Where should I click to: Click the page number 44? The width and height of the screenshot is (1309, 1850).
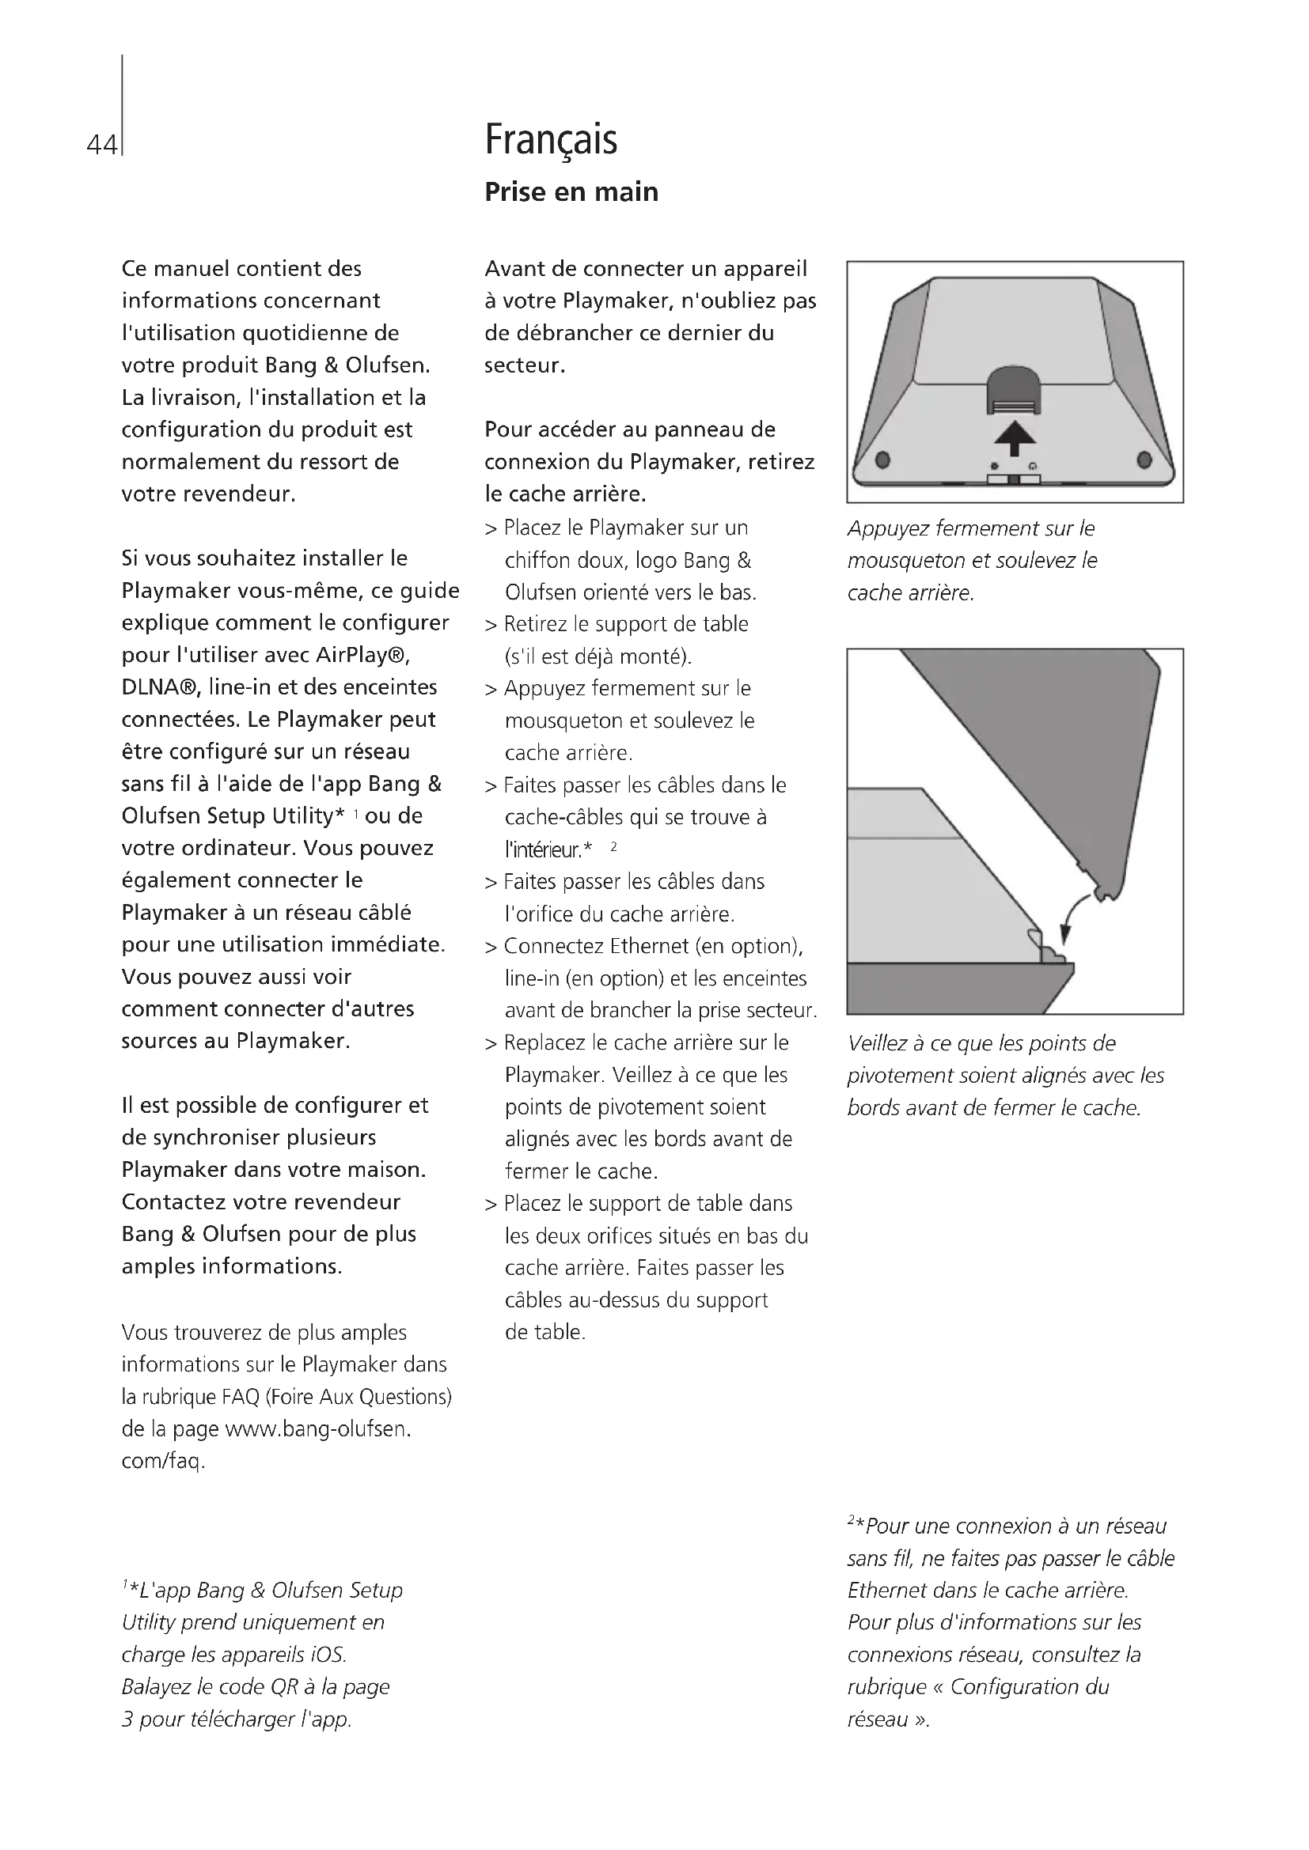pos(101,145)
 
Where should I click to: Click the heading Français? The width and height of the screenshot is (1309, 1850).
pos(551,139)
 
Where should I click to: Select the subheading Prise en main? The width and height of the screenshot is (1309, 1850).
pos(571,191)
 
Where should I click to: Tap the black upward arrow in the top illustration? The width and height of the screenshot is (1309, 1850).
pos(1015,440)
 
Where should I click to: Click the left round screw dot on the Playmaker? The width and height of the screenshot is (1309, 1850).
pos(882,460)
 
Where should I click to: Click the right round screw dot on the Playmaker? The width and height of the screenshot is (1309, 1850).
pos(1144,460)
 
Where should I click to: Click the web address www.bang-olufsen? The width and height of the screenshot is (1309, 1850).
pos(317,1428)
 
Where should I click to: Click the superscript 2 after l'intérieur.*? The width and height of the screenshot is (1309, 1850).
pos(613,846)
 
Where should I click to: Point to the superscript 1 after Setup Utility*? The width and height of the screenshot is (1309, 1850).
pos(355,815)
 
